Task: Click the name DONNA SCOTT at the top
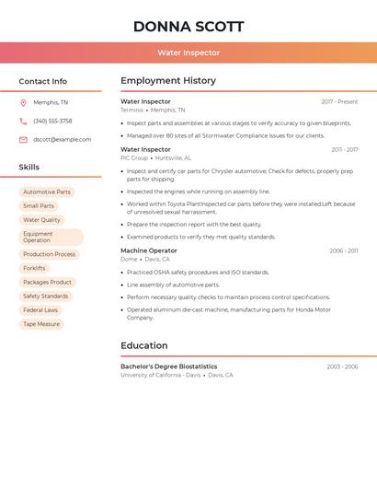click(188, 26)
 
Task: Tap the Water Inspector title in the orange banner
click(188, 53)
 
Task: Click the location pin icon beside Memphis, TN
click(23, 103)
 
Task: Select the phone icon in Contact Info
click(23, 122)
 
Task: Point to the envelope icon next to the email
click(23, 140)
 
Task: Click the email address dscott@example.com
click(63, 140)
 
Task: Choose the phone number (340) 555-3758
click(52, 122)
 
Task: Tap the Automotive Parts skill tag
click(47, 192)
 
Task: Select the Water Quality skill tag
click(41, 220)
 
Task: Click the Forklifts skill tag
click(34, 268)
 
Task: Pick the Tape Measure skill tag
click(41, 324)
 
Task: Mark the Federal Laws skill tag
click(40, 310)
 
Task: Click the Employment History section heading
click(168, 81)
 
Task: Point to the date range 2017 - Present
click(339, 102)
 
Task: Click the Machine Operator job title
click(149, 250)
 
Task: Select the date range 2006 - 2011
click(343, 251)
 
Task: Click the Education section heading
click(144, 346)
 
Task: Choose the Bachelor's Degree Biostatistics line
click(169, 366)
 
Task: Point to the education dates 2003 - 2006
click(342, 367)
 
